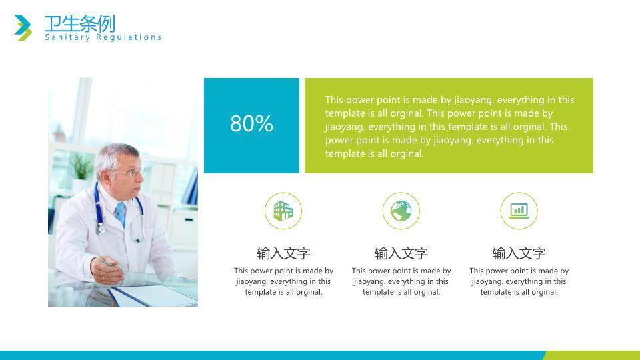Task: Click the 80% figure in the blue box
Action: (251, 123)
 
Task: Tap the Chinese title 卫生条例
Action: (79, 23)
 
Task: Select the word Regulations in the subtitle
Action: (129, 37)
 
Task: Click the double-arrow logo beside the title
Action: (23, 28)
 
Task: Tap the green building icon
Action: (283, 211)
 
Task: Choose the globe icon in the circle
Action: (401, 211)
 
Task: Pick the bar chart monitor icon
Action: (519, 211)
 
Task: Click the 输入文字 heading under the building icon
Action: (283, 253)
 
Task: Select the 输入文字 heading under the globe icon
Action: (401, 253)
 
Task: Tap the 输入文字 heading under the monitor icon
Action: (519, 253)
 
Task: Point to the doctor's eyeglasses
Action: (130, 172)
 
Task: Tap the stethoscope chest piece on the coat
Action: (101, 229)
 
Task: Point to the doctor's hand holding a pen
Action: (107, 269)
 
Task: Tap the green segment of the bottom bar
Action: (591, 355)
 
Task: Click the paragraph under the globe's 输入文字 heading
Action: (401, 281)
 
